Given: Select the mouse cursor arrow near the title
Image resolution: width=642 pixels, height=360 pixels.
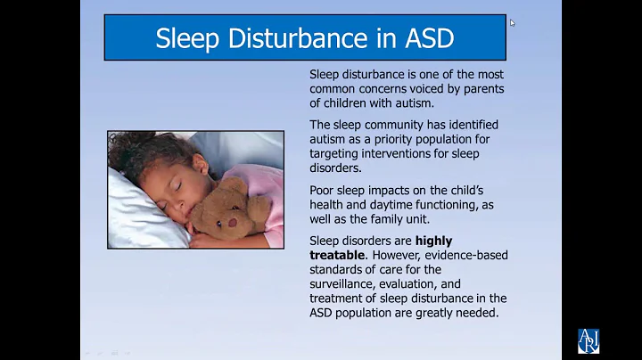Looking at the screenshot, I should click(x=512, y=23).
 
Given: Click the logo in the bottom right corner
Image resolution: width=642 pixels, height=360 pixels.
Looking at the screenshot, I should click(x=589, y=340).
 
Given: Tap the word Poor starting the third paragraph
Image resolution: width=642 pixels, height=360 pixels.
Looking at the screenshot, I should click(x=325, y=190).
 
